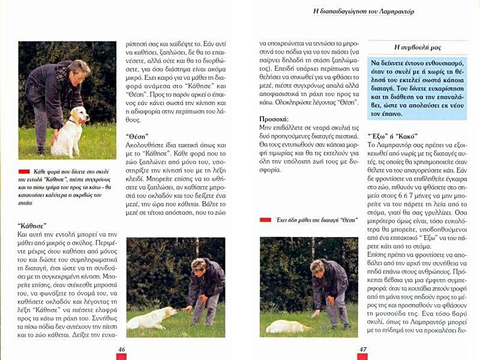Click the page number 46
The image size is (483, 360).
click(121, 349)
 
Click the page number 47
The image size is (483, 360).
click(362, 349)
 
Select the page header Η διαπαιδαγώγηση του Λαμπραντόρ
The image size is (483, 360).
click(364, 11)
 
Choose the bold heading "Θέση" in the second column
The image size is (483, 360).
click(138, 136)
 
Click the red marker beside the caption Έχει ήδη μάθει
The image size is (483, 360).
click(265, 220)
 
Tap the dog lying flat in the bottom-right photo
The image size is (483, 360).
click(289, 326)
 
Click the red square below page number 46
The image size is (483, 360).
click(121, 357)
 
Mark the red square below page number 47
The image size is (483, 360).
click(362, 357)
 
